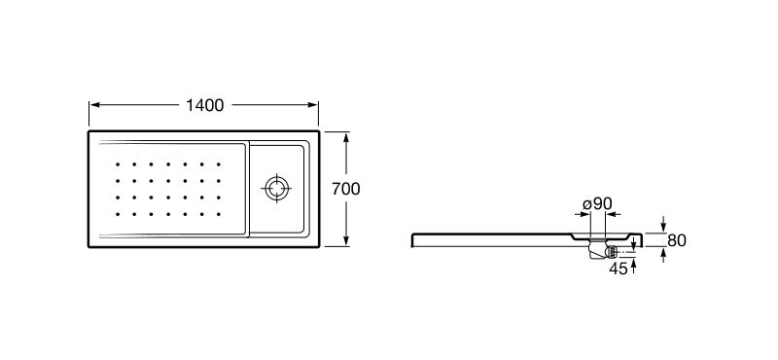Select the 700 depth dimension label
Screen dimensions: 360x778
click(x=346, y=189)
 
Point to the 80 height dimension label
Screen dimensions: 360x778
click(x=677, y=240)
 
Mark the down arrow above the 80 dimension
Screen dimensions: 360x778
click(x=663, y=226)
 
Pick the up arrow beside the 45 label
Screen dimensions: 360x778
click(x=634, y=264)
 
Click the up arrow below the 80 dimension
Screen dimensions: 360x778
click(x=663, y=254)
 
